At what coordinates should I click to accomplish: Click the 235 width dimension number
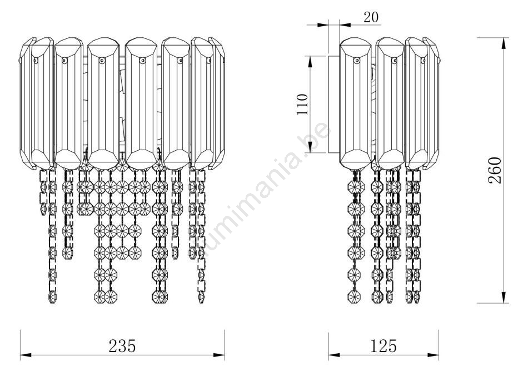(x=122, y=346)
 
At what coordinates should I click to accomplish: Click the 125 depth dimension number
(x=383, y=346)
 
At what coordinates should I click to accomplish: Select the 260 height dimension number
(x=495, y=170)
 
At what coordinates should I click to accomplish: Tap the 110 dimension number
(x=302, y=105)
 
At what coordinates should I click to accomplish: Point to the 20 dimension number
(x=371, y=17)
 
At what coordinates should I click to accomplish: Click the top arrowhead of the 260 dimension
(x=504, y=43)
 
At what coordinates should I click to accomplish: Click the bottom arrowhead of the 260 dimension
(x=504, y=298)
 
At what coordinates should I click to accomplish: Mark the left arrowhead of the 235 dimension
(x=26, y=355)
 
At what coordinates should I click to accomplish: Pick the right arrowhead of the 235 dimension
(x=219, y=355)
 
